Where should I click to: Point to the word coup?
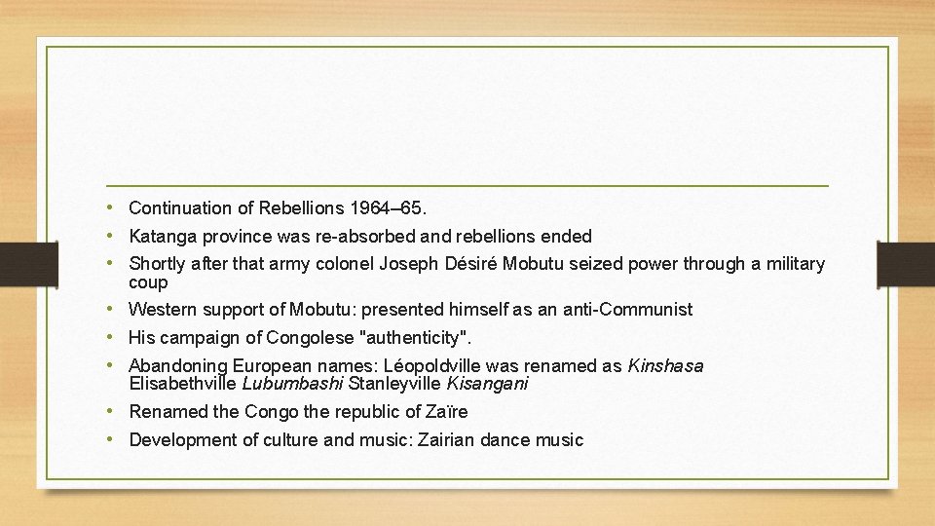click(x=148, y=282)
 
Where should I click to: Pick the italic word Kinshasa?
click(x=665, y=366)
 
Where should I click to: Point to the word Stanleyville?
click(x=394, y=384)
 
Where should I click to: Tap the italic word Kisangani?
click(x=487, y=384)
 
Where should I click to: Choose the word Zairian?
click(x=450, y=439)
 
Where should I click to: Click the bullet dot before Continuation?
click(x=113, y=207)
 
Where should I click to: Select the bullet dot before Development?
click(x=113, y=438)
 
